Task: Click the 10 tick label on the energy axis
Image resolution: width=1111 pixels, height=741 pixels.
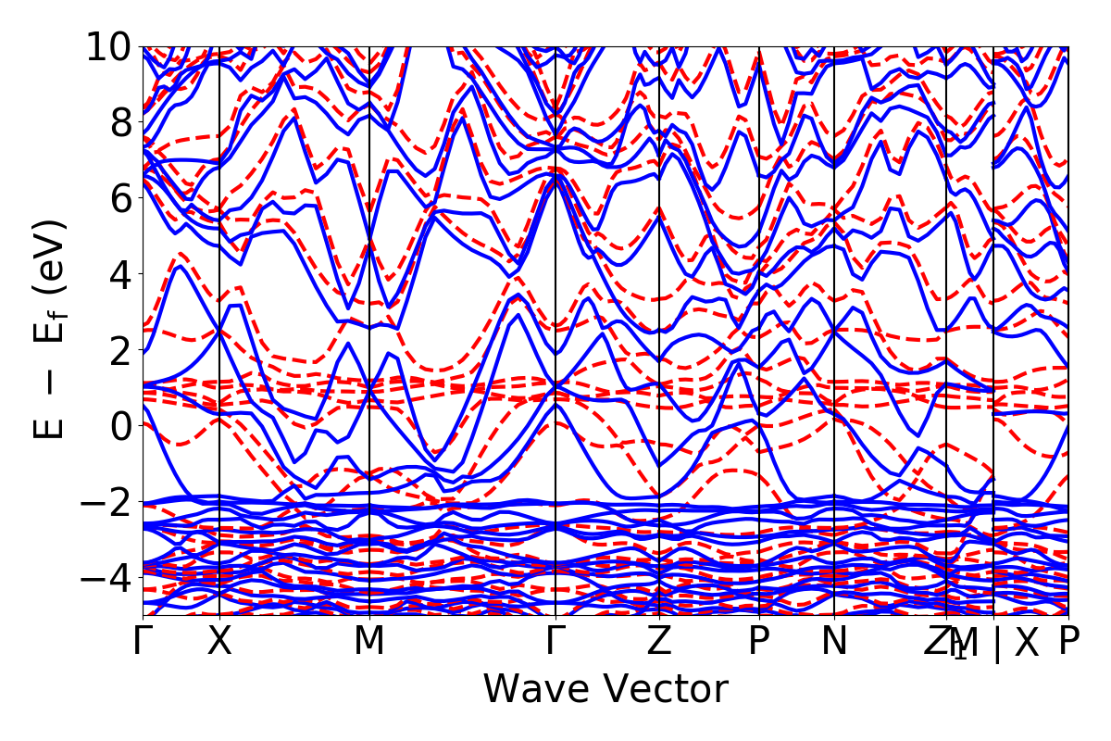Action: coord(110,46)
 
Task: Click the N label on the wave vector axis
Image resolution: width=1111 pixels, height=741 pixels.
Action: coord(834,642)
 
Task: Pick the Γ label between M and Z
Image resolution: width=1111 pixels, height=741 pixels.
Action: coord(555,642)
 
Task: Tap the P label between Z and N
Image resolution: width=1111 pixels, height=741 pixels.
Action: coord(759,642)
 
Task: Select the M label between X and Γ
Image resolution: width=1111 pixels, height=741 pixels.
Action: coord(369,642)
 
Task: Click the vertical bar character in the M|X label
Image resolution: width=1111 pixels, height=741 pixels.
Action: coord(996,644)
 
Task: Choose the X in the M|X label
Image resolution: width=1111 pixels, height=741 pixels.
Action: coord(1026,642)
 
